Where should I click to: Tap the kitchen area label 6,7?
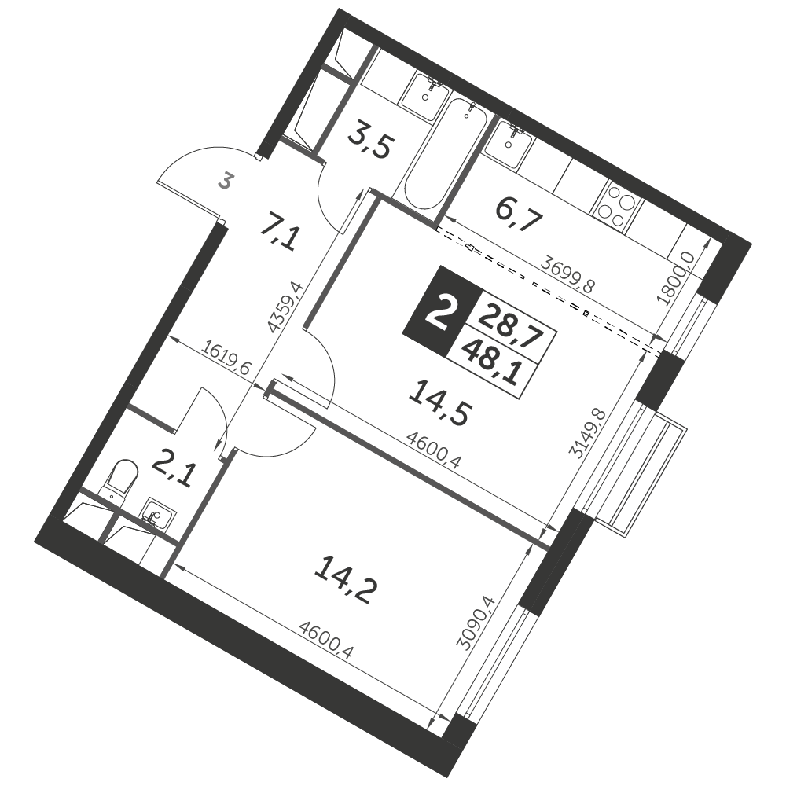(x=518, y=214)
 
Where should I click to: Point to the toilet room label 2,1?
(x=172, y=472)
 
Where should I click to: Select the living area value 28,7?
(x=510, y=326)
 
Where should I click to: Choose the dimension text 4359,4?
(x=286, y=307)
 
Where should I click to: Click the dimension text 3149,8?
(x=589, y=435)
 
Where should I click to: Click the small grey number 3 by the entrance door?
(x=225, y=181)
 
